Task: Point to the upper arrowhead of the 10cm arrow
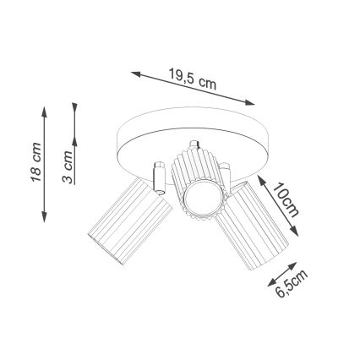[260, 179]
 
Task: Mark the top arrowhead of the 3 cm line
[75, 107]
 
